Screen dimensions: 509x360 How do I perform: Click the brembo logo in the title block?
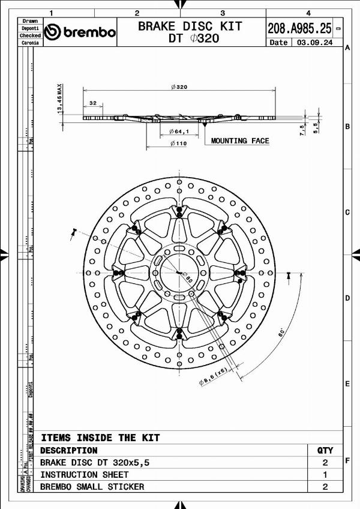80,32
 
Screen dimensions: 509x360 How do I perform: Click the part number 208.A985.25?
299,28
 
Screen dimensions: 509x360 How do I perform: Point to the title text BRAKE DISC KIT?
190,26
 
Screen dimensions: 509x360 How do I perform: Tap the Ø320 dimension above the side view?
179,87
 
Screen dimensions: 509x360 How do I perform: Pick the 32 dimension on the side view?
92,103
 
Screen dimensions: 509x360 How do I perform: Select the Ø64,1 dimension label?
179,131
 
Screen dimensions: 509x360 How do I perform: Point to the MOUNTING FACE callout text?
240,141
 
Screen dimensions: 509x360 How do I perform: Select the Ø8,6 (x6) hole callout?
214,376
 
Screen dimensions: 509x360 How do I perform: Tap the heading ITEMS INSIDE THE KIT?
100,438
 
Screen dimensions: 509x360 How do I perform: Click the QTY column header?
325,450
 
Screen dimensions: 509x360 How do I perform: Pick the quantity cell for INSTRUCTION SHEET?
325,474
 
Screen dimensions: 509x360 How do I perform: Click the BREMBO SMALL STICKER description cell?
92,486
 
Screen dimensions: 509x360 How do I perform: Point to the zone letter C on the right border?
347,212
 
